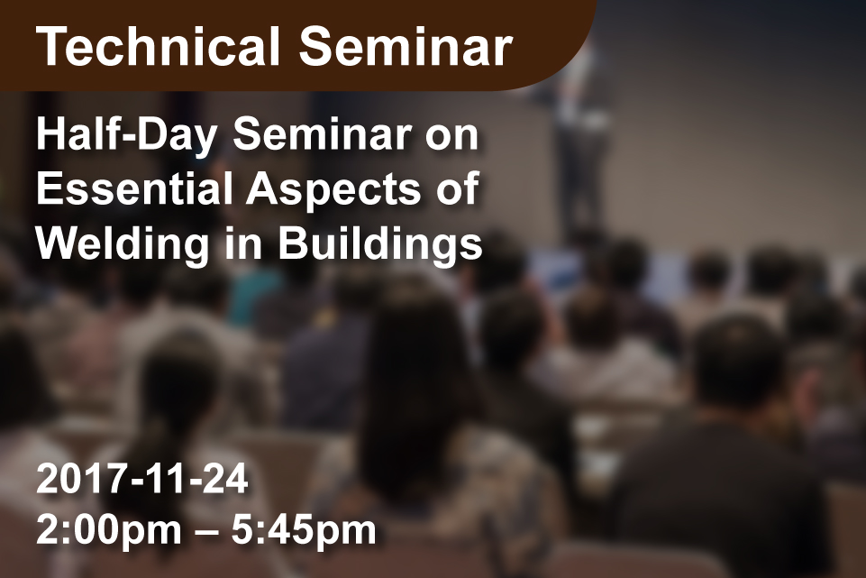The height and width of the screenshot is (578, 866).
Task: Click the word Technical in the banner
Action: pyautogui.click(x=158, y=46)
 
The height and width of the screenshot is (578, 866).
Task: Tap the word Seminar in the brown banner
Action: pyautogui.click(x=406, y=46)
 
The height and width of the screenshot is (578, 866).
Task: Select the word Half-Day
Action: pyautogui.click(x=126, y=136)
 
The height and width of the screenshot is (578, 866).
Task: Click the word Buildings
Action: pyautogui.click(x=380, y=244)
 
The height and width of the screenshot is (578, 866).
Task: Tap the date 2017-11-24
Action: pyautogui.click(x=142, y=479)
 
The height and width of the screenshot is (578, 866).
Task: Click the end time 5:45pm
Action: pyautogui.click(x=304, y=531)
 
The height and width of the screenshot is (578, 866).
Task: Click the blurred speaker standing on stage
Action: pyautogui.click(x=580, y=138)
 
